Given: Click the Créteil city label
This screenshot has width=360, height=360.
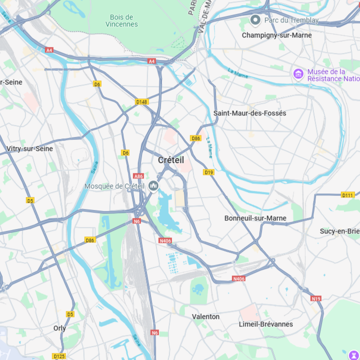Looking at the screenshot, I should [171, 160].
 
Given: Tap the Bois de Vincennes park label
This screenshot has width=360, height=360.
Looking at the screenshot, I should [121, 20].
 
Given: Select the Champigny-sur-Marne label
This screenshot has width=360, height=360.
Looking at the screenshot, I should [276, 35].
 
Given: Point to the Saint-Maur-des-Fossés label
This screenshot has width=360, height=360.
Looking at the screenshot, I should [250, 113].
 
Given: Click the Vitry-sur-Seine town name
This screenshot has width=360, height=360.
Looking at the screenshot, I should [29, 148].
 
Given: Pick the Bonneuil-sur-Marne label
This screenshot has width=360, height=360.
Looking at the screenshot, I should [255, 218].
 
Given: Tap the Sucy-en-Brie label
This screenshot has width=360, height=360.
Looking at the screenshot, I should [340, 231].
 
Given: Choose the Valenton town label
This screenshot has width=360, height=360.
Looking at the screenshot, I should [205, 316].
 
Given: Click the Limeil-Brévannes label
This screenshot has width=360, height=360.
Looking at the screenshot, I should [266, 324].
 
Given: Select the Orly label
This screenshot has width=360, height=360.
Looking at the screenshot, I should [59, 328].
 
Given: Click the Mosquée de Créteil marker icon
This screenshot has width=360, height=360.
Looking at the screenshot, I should [153, 186].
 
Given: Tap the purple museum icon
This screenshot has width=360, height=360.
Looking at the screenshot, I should [298, 74].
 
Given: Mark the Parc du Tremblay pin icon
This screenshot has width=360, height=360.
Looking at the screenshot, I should [255, 20].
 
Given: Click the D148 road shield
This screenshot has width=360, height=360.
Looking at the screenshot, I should [142, 102].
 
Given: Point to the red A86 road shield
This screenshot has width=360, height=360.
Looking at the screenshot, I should [138, 176].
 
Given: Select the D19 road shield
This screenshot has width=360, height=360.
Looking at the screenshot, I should [209, 172].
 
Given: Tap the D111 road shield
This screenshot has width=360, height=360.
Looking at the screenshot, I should [348, 195].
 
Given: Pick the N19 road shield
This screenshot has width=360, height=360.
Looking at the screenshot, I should [316, 298].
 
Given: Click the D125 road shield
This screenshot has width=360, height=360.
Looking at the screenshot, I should [59, 356].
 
